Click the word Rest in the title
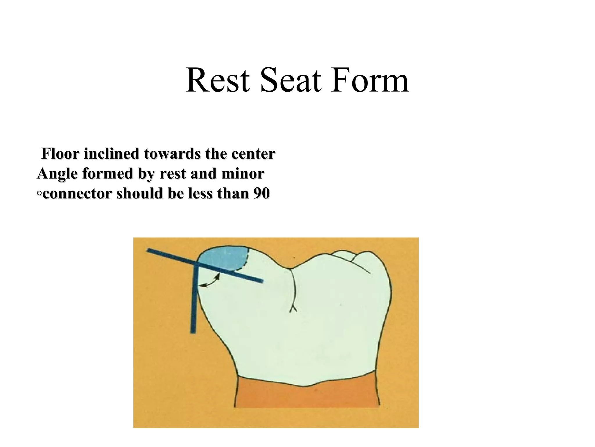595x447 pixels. pyautogui.click(x=218, y=80)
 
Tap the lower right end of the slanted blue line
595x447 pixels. pyautogui.click(x=261, y=281)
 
